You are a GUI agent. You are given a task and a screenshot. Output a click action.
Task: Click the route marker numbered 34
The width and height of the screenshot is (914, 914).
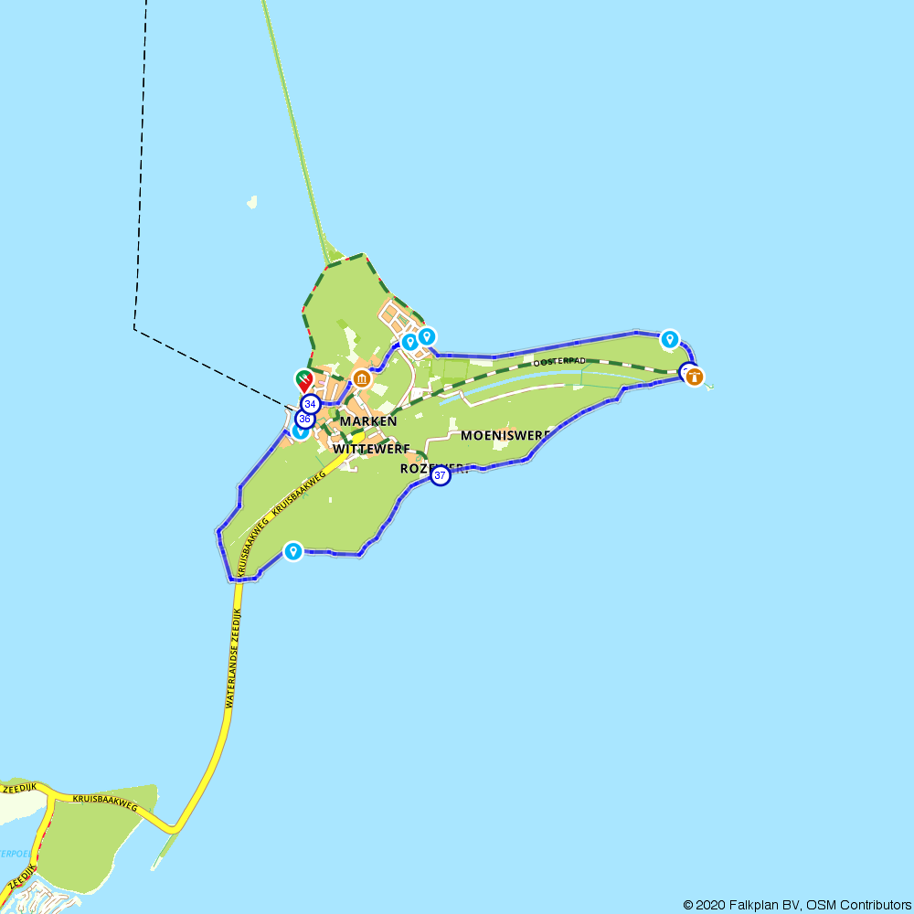coord(310,403)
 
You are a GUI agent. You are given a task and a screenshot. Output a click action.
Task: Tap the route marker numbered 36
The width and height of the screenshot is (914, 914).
coord(305,420)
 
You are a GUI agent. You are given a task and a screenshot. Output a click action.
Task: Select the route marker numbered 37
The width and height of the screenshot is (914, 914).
coord(441,476)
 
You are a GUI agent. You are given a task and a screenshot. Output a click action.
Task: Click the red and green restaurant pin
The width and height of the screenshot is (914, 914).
coord(303,379)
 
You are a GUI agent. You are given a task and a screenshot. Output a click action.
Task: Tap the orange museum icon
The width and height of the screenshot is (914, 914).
coord(362,378)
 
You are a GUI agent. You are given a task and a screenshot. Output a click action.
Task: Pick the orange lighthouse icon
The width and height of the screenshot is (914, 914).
coord(695,376)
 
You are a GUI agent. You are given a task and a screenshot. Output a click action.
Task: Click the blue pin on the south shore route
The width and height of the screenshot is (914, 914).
coord(292,550)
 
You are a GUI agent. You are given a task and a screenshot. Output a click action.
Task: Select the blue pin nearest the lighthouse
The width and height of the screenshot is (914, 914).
coord(670,339)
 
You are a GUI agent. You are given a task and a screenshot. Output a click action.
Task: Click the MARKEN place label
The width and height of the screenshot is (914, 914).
coord(368,421)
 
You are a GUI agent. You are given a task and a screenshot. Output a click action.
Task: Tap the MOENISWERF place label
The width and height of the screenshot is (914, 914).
coord(505,435)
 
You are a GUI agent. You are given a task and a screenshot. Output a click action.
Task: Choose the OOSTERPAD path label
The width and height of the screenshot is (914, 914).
coord(558,362)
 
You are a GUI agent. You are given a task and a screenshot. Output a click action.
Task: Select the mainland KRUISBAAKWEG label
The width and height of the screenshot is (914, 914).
coord(104,802)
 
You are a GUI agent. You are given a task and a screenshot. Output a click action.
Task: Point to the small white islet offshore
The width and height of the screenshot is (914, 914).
coord(251,201)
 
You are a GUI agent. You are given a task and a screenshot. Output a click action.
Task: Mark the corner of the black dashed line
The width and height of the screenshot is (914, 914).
coord(134,328)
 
